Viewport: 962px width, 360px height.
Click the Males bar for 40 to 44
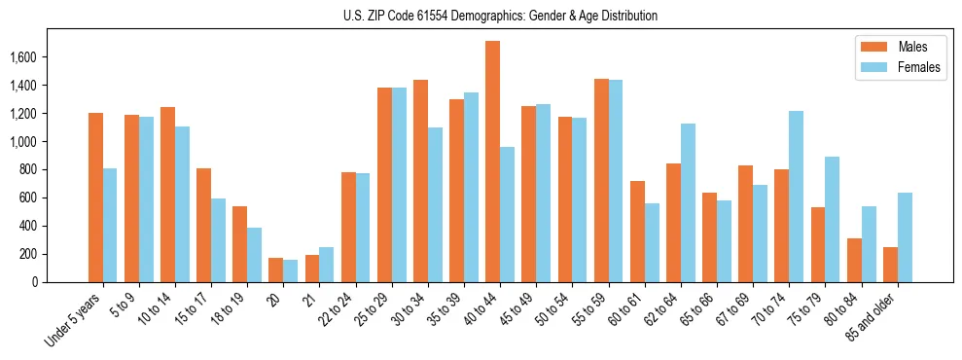(492, 162)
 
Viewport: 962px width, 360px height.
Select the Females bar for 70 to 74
(796, 197)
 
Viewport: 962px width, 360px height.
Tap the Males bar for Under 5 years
(95, 198)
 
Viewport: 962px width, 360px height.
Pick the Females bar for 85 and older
(905, 237)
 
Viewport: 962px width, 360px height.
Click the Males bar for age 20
(275, 270)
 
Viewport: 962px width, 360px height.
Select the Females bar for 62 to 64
(688, 202)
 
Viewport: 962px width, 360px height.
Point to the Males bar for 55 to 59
(601, 180)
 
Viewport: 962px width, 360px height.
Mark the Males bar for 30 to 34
(420, 181)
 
